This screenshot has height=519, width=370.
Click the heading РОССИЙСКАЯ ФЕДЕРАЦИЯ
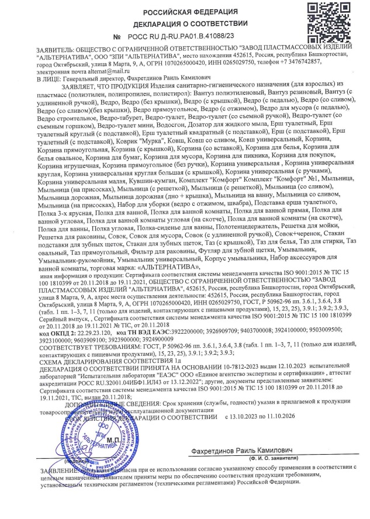coord(186,11)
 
